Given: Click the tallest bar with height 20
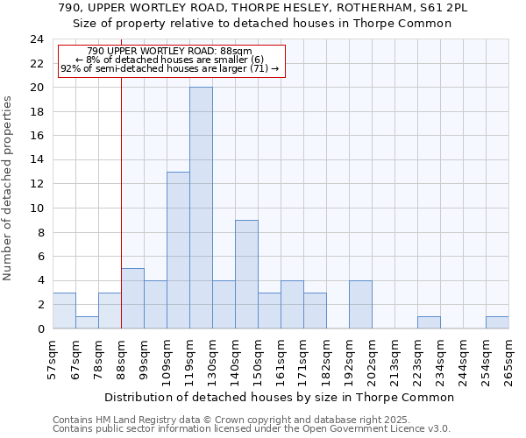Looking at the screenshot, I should coord(201,208).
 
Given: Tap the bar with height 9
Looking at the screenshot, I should coord(246,274).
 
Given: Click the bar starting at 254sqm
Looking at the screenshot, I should coord(497,322).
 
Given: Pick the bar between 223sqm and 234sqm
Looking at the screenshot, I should coord(429,322).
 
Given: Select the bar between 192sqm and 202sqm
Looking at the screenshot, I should coord(360,305).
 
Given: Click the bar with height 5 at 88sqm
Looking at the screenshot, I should coord(132,299).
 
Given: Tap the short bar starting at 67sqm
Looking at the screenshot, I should coord(87,322).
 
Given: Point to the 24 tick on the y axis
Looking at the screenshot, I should coord(37,39).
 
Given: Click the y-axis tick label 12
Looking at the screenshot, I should coord(37,184).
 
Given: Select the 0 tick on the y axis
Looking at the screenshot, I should coord(40,328).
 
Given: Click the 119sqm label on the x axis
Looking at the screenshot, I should coord(190,361).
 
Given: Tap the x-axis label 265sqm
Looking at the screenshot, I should coord(509,361).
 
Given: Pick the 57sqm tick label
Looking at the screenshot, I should coord(53,359).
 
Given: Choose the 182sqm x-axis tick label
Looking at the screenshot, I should coord(327,361).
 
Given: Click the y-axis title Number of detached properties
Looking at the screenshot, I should coord(9,189).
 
